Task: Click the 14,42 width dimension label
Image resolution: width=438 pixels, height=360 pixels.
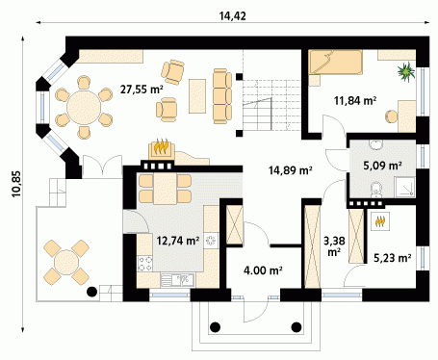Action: pyautogui.click(x=233, y=16)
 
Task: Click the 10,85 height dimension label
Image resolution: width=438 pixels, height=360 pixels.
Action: pyautogui.click(x=16, y=184)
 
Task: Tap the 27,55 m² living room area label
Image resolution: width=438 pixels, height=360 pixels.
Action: pyautogui.click(x=142, y=90)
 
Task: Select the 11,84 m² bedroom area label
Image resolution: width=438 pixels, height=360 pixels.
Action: pyautogui.click(x=355, y=101)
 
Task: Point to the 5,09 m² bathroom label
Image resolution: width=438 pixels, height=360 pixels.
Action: pyautogui.click(x=382, y=166)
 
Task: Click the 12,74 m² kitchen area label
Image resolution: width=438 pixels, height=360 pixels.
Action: pyautogui.click(x=178, y=240)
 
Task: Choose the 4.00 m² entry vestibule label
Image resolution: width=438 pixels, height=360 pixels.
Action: pyautogui.click(x=263, y=270)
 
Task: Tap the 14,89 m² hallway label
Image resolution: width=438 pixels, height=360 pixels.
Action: pyautogui.click(x=291, y=170)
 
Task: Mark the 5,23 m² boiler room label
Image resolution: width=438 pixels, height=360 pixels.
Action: pyautogui.click(x=393, y=258)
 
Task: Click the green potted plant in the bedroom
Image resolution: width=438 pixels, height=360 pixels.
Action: pyautogui.click(x=406, y=71)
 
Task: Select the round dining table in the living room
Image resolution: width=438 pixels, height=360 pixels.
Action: pyautogui.click(x=84, y=108)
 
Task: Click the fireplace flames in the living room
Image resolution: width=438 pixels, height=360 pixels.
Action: pyautogui.click(x=161, y=146)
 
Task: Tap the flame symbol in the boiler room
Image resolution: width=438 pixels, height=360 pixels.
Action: pyautogui.click(x=380, y=221)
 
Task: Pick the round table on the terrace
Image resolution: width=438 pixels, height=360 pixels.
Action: pyautogui.click(x=66, y=262)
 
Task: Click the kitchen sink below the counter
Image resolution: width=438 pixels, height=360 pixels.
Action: pyautogui.click(x=177, y=280)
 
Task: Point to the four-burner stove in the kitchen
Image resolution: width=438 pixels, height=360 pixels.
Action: pyautogui.click(x=144, y=264)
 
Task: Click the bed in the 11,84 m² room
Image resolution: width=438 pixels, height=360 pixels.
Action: pyautogui.click(x=336, y=63)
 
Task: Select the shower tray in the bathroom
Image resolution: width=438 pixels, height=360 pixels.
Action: pyautogui.click(x=405, y=187)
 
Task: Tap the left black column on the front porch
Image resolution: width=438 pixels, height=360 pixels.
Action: pyautogui.click(x=215, y=327)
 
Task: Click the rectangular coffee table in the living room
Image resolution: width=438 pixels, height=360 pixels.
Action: pyautogui.click(x=197, y=96)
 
